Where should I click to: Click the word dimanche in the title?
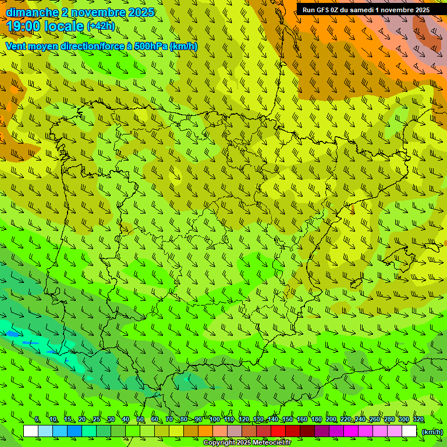click(32, 12)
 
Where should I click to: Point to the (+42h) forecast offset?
click(101, 26)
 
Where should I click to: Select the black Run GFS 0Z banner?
click(366, 10)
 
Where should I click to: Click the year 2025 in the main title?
click(142, 12)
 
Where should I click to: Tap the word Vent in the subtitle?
click(16, 46)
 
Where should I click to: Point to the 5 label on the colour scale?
click(37, 420)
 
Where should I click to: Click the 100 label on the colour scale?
click(215, 420)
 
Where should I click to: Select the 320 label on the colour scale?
click(418, 420)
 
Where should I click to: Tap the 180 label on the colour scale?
click(316, 420)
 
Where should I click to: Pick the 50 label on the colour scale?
click(140, 420)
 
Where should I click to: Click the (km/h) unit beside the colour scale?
click(432, 431)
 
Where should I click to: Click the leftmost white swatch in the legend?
click(31, 431)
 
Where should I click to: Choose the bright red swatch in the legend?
click(278, 431)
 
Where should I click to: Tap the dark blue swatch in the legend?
click(74, 431)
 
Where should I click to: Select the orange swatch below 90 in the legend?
click(205, 431)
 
